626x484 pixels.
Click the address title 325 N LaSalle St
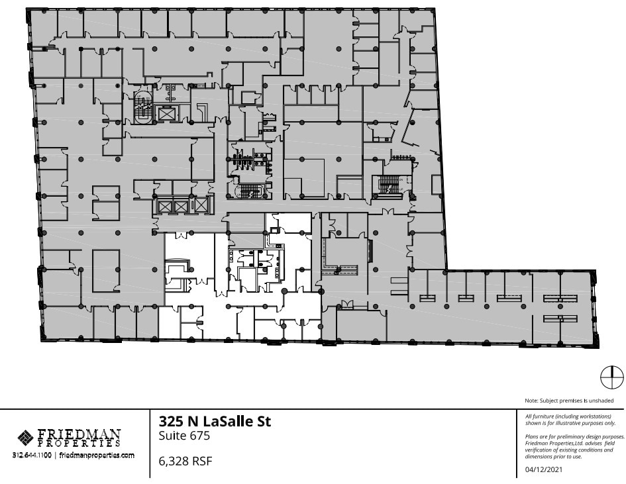(x=215, y=422)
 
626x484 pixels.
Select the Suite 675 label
(x=184, y=436)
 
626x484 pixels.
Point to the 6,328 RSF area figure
(x=185, y=461)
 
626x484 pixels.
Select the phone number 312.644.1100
(x=33, y=456)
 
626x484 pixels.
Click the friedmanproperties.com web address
(x=97, y=456)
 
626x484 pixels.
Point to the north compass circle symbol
(x=611, y=378)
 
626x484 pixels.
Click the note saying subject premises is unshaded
(x=569, y=401)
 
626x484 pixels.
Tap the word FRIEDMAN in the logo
(x=79, y=434)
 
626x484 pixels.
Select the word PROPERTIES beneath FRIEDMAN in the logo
(x=79, y=444)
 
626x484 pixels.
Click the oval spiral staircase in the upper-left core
(x=142, y=109)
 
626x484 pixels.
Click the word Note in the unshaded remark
(x=531, y=401)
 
